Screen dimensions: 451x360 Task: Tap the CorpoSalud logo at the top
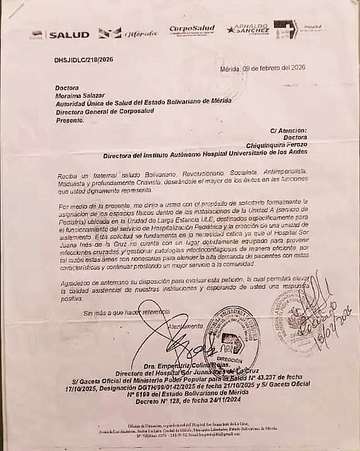tap(192, 30)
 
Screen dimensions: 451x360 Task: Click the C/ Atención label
tap(289, 130)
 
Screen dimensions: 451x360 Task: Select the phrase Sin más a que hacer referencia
tap(127, 312)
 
